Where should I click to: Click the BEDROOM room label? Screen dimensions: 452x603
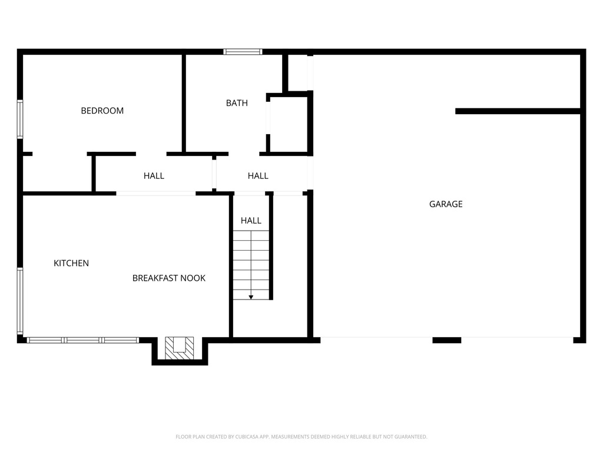click(102, 111)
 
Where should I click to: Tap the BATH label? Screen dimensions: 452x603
click(237, 103)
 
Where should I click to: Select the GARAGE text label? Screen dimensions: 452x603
click(446, 204)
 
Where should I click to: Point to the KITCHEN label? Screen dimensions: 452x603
click(71, 263)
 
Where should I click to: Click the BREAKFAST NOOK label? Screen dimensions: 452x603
click(169, 278)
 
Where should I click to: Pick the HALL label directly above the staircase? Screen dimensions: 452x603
click(251, 221)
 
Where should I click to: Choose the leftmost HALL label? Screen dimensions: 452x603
click(154, 175)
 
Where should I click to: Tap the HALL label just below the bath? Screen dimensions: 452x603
click(258, 175)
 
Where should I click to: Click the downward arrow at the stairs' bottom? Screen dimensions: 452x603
click(251, 297)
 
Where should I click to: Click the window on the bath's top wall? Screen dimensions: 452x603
click(243, 52)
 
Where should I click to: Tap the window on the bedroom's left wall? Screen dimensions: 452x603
click(20, 119)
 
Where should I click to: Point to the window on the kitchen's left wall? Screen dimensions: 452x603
click(20, 301)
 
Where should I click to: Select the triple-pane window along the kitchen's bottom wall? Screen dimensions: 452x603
click(83, 340)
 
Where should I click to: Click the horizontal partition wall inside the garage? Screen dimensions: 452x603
click(518, 111)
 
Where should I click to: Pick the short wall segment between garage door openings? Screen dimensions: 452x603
click(447, 340)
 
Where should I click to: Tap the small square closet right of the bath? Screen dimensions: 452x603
click(289, 124)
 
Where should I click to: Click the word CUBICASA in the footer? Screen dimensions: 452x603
click(254, 437)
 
